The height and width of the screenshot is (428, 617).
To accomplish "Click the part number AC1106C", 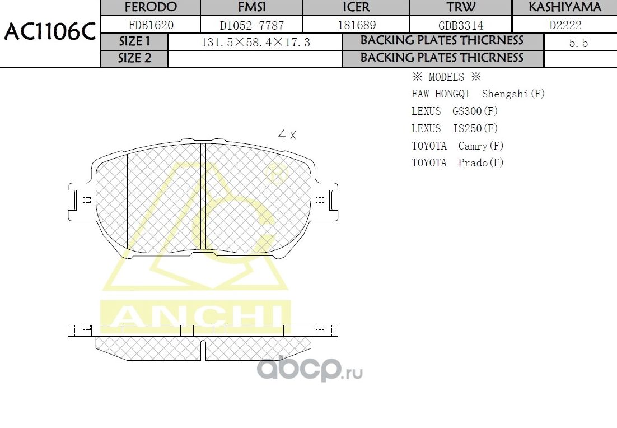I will [x=50, y=32].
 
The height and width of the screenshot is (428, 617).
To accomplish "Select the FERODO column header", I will [x=150, y=7].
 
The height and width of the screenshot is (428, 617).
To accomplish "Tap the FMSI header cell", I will [x=251, y=7].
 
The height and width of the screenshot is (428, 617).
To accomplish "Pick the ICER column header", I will [x=356, y=7].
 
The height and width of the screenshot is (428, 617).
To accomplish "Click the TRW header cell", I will [x=460, y=7].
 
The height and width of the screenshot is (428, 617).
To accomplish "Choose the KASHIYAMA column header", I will [x=564, y=7].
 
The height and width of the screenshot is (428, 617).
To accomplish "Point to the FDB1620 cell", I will [x=151, y=25].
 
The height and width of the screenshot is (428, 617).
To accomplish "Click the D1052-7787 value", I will [x=251, y=25].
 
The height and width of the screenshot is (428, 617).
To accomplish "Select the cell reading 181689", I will [x=356, y=25].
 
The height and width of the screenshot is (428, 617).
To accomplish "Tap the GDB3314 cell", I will [x=460, y=25].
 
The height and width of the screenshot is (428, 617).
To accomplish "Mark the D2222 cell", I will [x=564, y=25].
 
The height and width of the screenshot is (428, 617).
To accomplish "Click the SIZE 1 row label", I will [x=134, y=42].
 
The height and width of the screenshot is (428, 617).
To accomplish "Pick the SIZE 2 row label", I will [x=134, y=58].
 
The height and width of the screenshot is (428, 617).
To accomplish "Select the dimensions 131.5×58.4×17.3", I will [x=255, y=43].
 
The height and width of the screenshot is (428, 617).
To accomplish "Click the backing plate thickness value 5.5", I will [x=578, y=43].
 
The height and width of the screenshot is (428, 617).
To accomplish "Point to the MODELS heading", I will [x=446, y=77].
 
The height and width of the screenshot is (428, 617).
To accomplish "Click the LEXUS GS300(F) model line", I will [x=455, y=111].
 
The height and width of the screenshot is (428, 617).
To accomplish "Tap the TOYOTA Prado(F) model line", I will [x=457, y=163].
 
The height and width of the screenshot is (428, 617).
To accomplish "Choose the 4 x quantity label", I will [x=287, y=135].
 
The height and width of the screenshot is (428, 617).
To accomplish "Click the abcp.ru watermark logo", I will [x=310, y=369].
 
